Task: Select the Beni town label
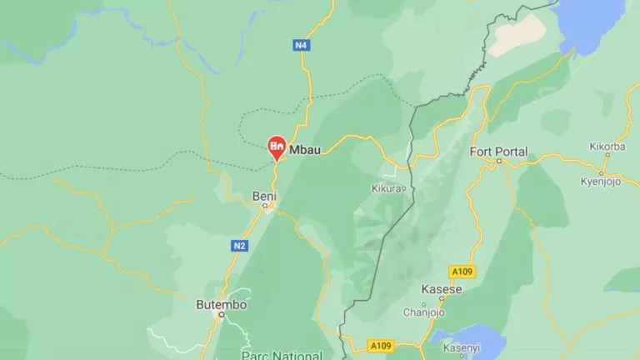(264, 197)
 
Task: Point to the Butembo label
(221, 304)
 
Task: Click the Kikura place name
(386, 188)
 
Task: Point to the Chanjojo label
(424, 312)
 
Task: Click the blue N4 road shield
(302, 45)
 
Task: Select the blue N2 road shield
(240, 246)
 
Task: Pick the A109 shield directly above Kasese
(461, 272)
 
